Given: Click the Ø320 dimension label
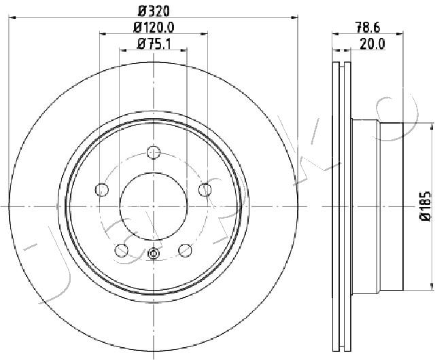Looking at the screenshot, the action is click(x=154, y=12).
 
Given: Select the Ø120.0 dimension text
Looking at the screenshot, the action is click(x=154, y=27).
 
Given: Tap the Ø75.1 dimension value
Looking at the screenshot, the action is click(x=154, y=43).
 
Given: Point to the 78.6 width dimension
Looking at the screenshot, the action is click(x=368, y=27).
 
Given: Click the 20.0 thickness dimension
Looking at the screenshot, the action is click(x=372, y=43).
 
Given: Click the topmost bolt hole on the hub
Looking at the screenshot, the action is click(x=154, y=152).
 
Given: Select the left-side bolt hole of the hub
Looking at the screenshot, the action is click(x=102, y=190).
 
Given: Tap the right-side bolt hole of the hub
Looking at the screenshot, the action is click(x=205, y=190).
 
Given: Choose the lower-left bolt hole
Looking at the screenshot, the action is click(x=122, y=251).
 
